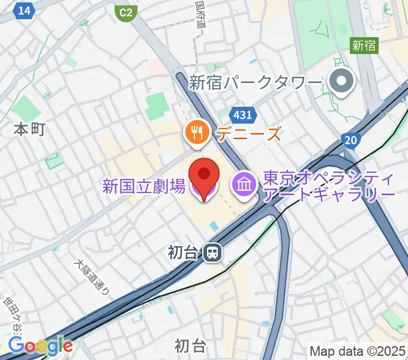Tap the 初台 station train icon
point(211,253)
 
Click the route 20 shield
point(352,140)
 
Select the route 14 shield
point(24,10)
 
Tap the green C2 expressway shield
point(125,11)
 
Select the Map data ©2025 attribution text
point(358,351)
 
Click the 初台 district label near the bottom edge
point(190,346)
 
